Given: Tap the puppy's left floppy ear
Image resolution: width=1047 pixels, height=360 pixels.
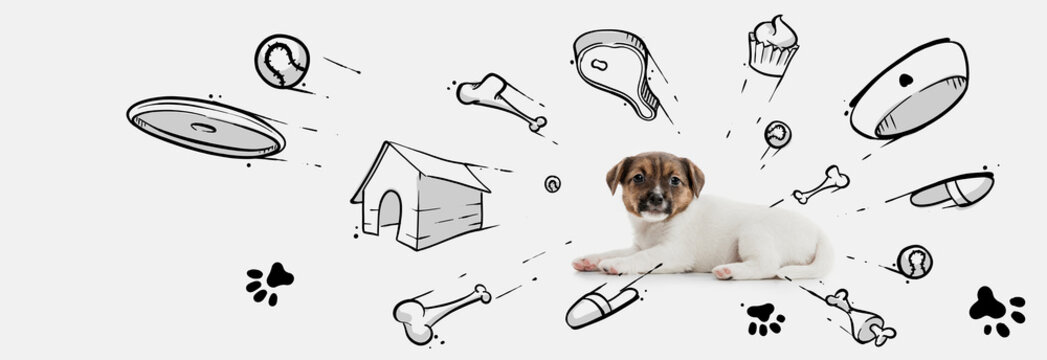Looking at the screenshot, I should coord(617,175).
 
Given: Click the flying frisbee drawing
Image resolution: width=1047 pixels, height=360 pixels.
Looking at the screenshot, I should coord(205,127).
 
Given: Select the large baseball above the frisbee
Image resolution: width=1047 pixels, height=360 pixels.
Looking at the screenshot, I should coord(281,61).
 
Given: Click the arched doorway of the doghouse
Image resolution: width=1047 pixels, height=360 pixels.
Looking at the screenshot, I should coord(389,212).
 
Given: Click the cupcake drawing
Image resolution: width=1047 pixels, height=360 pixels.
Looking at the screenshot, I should coord(773,46).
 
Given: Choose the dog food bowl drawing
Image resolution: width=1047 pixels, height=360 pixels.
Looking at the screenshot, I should coord(909,90).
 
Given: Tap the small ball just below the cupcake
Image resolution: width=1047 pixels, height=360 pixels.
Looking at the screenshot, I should coord(777,134).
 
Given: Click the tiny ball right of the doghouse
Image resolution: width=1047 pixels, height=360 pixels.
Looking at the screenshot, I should coord(552,184).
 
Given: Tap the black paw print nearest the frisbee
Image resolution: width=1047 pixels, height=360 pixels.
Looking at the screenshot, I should coord(269,282).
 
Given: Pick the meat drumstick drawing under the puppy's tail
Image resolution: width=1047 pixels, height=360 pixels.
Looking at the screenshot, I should coord(859,318).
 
